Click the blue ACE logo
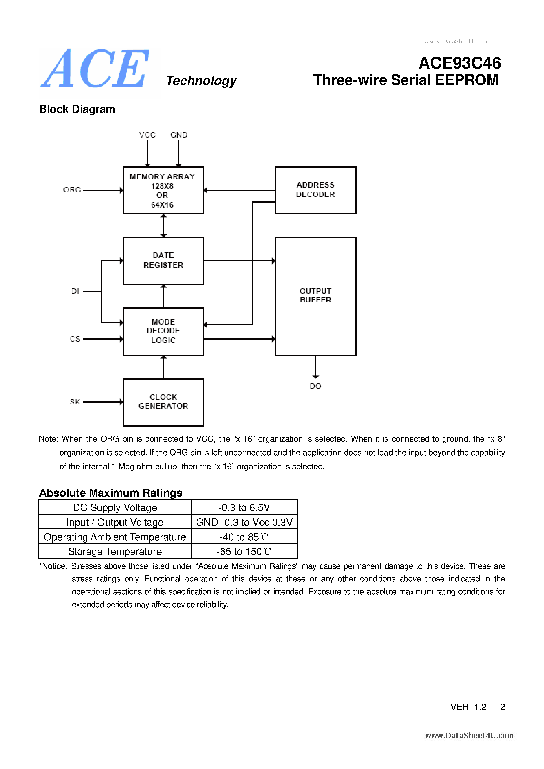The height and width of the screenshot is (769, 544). point(95,69)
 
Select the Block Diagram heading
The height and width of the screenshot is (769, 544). point(77,109)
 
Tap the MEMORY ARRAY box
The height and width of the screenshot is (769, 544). point(163,190)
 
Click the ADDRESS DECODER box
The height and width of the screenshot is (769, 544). point(315,190)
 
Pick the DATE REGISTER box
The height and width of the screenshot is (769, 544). point(163,261)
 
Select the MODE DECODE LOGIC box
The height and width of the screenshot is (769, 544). point(163,331)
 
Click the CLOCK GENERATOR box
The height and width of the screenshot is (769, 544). point(163,402)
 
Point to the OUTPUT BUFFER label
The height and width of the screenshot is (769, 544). point(315,295)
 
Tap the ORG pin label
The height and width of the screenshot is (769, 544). point(72,190)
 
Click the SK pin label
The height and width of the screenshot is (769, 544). point(75,402)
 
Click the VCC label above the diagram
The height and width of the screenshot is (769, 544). point(147,135)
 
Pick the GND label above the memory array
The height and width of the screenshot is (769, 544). point(179,135)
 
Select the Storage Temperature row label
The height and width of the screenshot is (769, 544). point(115,552)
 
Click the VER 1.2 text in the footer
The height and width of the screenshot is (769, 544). point(468,707)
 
